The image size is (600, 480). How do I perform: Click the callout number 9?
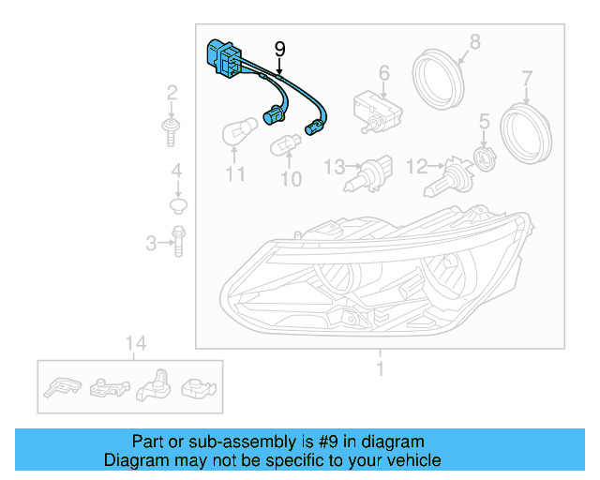pos(278,48)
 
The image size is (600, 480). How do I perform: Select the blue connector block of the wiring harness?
pos(221,57)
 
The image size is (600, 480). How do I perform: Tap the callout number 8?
pos(474,41)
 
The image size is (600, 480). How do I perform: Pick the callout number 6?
pos(383,73)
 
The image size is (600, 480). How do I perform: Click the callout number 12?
pos(416,167)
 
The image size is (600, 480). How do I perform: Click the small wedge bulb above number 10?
pos(284,146)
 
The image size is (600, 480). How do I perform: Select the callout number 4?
pos(175,172)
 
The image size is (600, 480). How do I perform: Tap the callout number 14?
pos(137,343)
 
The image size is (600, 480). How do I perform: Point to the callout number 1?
pos(381,369)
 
